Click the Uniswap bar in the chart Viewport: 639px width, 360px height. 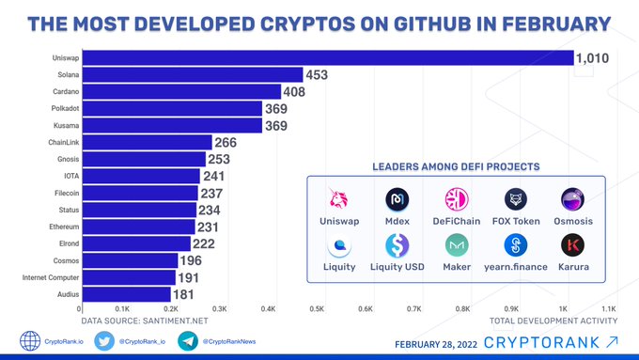tap(328, 58)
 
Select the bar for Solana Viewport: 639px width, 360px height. tap(193, 74)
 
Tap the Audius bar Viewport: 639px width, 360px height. tap(127, 294)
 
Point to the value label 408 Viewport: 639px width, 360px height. tap(294, 92)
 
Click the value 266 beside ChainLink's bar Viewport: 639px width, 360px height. tap(226, 142)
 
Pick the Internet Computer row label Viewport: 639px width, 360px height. tap(51, 277)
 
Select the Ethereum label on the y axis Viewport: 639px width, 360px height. tap(64, 227)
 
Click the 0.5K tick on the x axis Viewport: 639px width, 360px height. tap(317, 309)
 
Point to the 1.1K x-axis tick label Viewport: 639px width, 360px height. tap(609, 309)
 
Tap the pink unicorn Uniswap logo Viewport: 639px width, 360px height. tap(338, 198)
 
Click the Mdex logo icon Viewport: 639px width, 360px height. tap(397, 199)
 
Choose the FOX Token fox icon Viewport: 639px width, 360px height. tap(516, 199)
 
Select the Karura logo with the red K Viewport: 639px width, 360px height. tap(572, 245)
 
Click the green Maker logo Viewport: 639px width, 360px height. tap(457, 245)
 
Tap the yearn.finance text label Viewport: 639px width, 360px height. tap(516, 267)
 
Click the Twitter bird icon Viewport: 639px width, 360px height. tap(104, 341)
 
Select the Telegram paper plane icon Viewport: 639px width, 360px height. tap(188, 341)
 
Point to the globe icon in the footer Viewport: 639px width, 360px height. tap(30, 341)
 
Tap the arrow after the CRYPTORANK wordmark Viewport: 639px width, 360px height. tap(612, 341)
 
